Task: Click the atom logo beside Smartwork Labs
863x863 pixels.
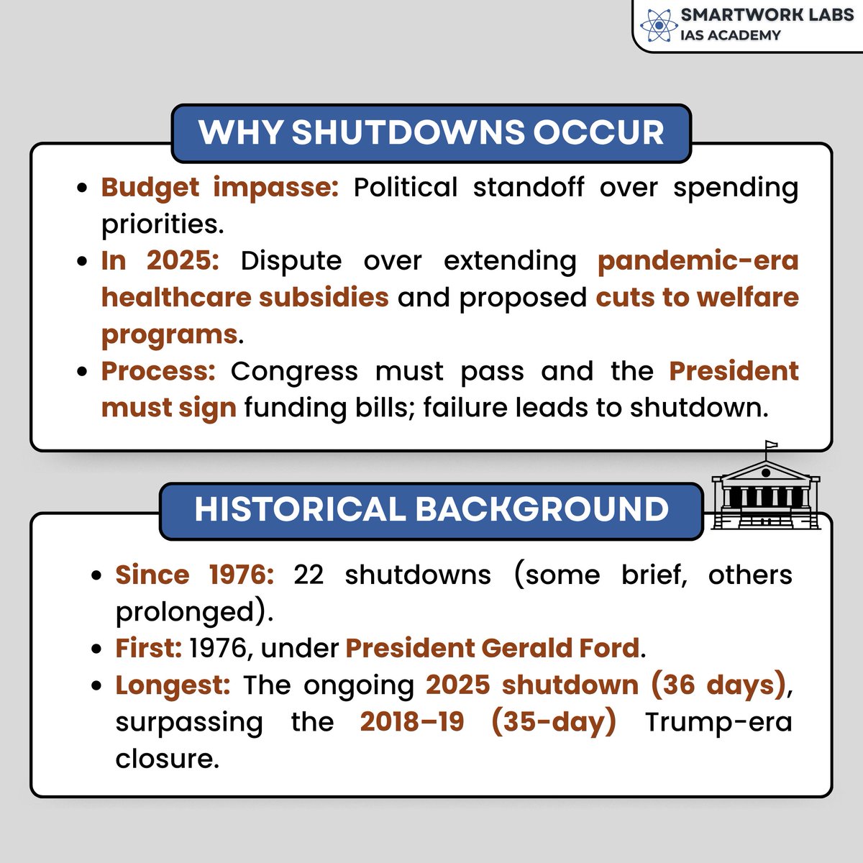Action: click(655, 25)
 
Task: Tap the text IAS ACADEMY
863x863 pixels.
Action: click(730, 35)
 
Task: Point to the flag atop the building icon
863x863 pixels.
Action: click(771, 446)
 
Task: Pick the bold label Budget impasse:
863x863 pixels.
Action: click(219, 187)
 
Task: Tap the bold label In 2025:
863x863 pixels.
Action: click(160, 260)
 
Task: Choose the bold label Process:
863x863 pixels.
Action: click(158, 371)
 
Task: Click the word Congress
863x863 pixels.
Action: click(293, 371)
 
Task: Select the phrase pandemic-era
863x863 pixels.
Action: click(698, 260)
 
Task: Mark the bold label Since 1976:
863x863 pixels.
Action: click(194, 575)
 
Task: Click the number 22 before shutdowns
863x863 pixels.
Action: click(309, 575)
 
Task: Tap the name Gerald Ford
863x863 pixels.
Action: click(560, 648)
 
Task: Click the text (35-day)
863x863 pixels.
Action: click(554, 721)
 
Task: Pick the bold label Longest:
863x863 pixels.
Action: click(173, 685)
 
